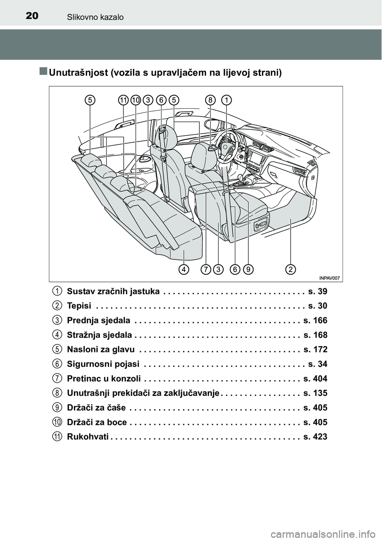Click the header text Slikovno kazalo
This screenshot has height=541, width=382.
[95, 17]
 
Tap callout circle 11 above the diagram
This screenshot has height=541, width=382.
[123, 100]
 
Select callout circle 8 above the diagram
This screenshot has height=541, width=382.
[210, 100]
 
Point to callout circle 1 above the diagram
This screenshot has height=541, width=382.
[226, 100]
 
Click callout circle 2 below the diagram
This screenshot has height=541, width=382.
[291, 270]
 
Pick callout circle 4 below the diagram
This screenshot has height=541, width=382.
[183, 270]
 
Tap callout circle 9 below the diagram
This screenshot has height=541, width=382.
[248, 270]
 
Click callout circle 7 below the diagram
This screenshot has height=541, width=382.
[206, 270]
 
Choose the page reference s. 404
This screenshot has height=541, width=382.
[315, 378]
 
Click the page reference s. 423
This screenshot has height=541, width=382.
[315, 437]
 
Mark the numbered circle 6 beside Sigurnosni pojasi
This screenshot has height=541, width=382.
[58, 364]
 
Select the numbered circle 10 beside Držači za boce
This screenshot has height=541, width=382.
[58, 422]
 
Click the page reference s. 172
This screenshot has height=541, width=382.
[315, 350]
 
